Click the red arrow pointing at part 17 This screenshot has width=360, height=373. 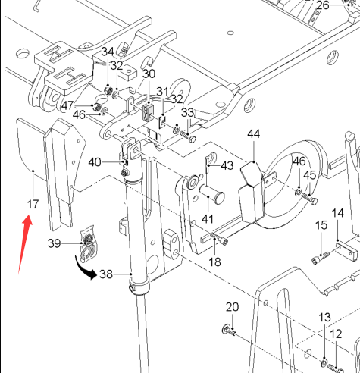[x=25, y=243]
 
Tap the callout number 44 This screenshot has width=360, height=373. [x=254, y=134]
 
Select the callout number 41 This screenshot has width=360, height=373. [x=208, y=219]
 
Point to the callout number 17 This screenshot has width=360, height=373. [x=33, y=204]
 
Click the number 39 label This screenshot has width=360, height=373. [x=55, y=243]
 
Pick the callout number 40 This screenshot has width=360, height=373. [x=95, y=162]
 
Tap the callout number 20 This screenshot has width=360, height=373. [x=232, y=307]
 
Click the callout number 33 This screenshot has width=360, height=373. [x=188, y=113]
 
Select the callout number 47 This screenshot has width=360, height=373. [x=67, y=105]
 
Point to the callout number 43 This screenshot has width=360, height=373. [x=227, y=166]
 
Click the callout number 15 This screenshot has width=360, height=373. [x=321, y=225]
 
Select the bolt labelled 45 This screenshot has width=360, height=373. [x=310, y=199]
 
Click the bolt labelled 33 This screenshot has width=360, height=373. [x=188, y=136]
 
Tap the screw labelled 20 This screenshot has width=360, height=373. [x=228, y=330]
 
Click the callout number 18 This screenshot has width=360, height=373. [x=215, y=262]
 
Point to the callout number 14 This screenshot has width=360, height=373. [x=338, y=213]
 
